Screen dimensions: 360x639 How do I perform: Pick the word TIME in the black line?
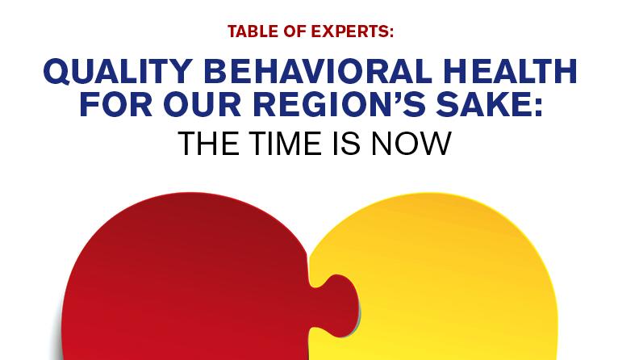pos(288,144)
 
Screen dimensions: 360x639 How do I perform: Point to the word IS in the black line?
pos(354,144)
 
